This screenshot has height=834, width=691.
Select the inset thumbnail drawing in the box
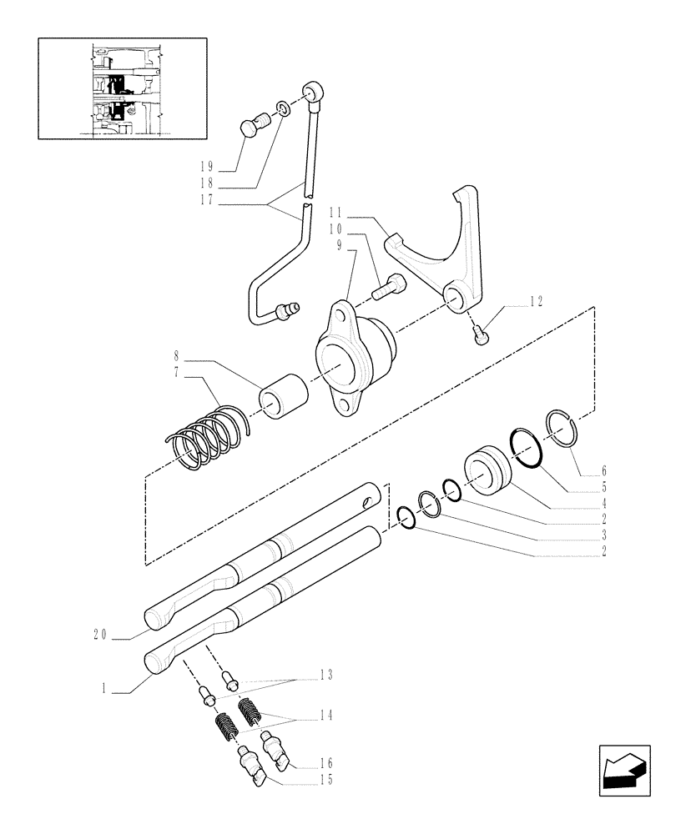(x=123, y=88)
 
